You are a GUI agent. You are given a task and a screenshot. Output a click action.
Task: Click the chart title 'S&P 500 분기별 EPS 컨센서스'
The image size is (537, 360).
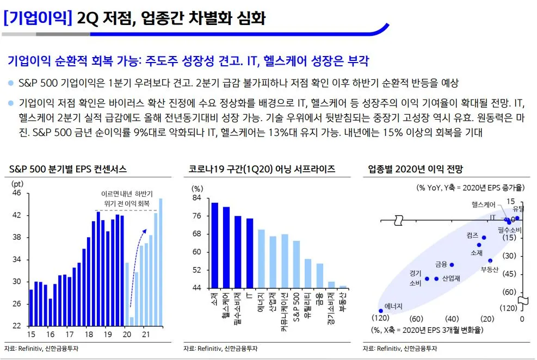coord(67,169)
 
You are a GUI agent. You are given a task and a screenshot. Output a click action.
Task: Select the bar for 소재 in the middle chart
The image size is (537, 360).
coord(214,245)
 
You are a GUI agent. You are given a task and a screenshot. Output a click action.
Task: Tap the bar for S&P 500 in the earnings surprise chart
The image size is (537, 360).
coord(297,264)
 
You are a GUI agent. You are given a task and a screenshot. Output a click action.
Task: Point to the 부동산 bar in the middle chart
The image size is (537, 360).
coord(343,287)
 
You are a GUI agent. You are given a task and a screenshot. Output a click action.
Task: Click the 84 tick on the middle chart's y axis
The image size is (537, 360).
coord(196,198)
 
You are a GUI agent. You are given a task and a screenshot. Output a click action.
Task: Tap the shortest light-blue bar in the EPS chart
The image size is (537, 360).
coord(132,321)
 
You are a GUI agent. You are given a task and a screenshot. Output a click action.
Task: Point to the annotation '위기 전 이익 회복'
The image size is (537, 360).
coord(126,203)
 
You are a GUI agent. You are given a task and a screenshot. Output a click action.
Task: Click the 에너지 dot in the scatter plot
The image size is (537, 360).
coord(381,311)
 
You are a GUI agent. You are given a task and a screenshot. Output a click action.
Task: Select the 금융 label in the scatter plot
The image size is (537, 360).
coord(441,264)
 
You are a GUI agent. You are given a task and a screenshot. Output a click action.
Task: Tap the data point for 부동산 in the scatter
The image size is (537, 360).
coord(490,260)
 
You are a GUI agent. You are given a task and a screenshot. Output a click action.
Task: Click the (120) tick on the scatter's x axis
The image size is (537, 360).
coord(381,319)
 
